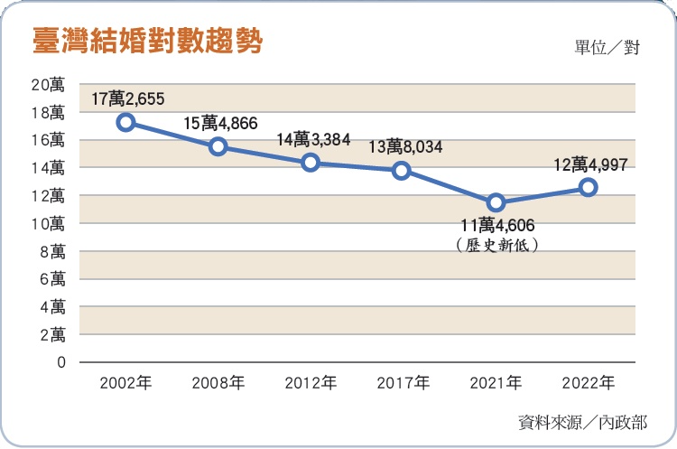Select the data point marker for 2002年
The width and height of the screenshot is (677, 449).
pos(126,122)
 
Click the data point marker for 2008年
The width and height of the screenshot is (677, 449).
pos(218,146)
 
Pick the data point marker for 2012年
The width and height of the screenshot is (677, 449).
pos(311,163)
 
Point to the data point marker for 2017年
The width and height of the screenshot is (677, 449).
pos(403,170)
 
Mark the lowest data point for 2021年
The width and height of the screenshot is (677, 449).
pos(496,202)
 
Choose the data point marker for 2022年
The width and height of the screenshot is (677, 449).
pos(588,187)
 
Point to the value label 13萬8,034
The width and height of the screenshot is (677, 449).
pos(405,146)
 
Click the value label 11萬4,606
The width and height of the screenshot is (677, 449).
pos(498,226)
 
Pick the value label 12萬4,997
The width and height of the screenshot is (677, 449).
pos(589,164)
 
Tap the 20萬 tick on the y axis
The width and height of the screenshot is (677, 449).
pos(48,85)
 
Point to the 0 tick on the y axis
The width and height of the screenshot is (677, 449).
pos(60,362)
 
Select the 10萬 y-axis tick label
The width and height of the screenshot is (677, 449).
pos(48,223)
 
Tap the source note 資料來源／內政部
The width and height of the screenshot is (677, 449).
pos(583,421)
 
